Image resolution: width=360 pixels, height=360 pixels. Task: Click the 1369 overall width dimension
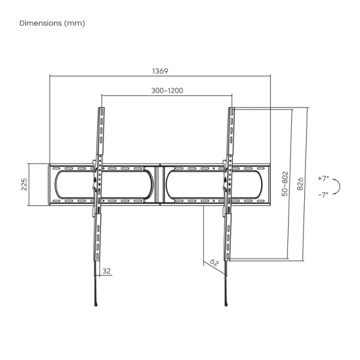click(160, 71)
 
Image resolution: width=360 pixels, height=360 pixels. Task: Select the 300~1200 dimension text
click(167, 91)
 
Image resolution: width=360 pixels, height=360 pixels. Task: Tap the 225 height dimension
click(24, 184)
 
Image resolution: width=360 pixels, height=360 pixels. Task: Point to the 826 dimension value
click(300, 184)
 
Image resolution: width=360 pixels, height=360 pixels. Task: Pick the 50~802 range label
click(284, 184)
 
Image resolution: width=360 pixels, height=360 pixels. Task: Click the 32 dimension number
click(107, 271)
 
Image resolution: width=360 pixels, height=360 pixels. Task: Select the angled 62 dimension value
click(214, 263)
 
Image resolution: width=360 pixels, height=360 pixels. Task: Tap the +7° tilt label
click(323, 178)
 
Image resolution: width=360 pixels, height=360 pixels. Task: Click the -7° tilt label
click(323, 195)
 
